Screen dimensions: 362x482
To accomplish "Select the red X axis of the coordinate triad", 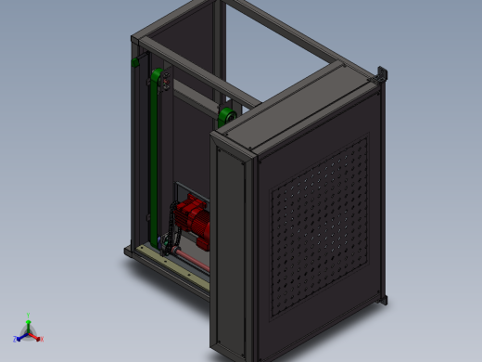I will (x=35, y=336).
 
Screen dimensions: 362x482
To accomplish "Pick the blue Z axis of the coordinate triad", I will (x=20, y=336).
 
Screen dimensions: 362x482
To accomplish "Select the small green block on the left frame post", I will (x=135, y=62).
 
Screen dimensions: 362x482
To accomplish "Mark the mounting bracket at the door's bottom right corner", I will (x=383, y=299).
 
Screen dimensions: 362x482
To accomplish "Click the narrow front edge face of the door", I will (x=231, y=251).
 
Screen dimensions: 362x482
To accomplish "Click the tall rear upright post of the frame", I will (x=219, y=46).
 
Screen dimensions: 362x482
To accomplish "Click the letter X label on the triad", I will (x=42, y=340).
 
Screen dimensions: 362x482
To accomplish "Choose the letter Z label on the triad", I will (x=15, y=340).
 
